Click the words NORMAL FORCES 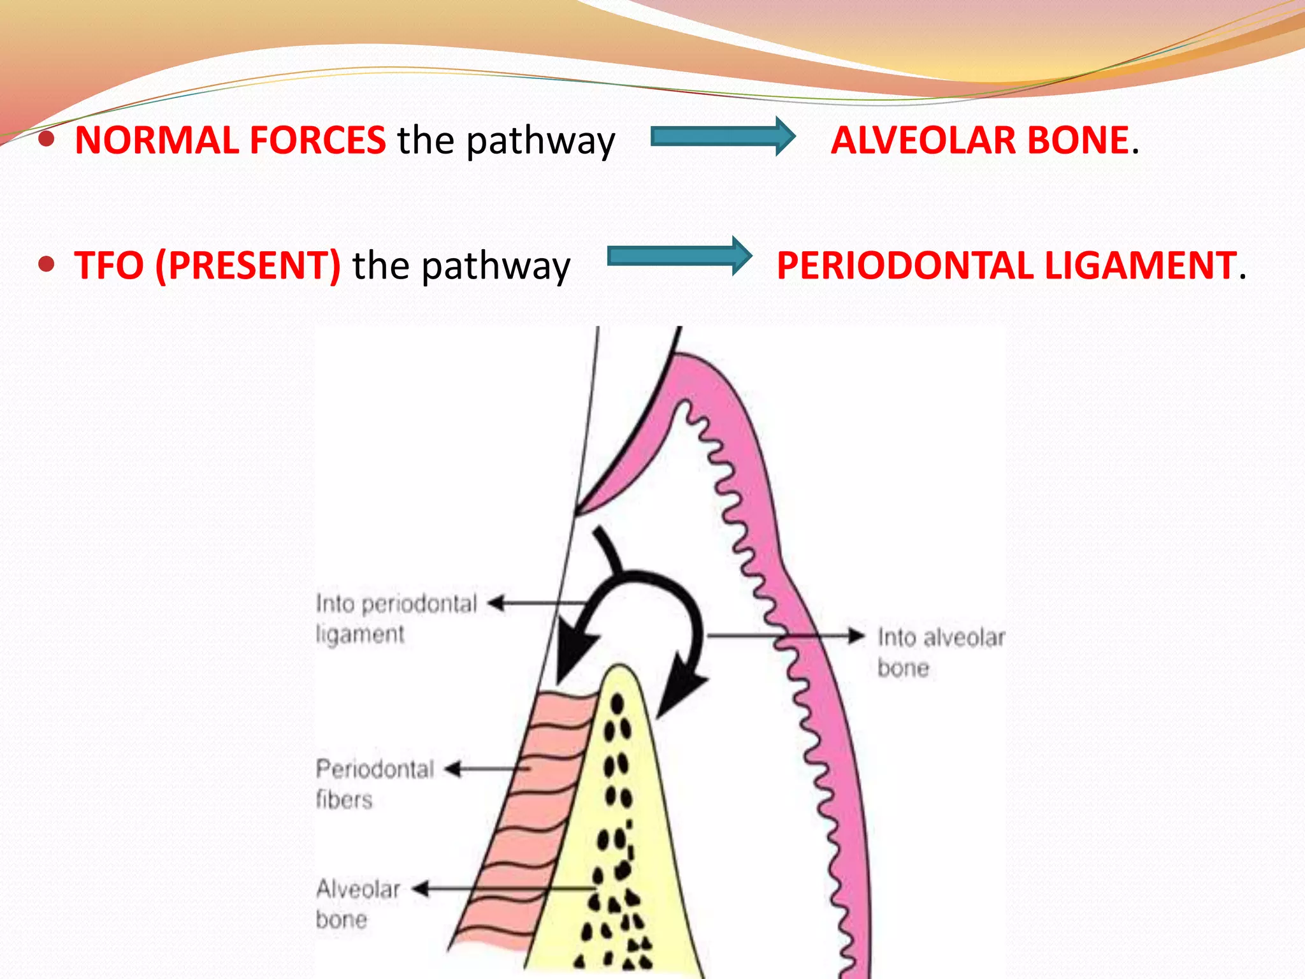230,140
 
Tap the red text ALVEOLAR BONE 980,140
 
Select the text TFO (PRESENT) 208,265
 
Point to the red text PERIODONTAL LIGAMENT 1006,265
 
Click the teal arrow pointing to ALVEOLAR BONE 723,136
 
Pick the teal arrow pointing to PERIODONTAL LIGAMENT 679,256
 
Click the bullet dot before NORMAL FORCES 47,139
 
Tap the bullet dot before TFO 47,264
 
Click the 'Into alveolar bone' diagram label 940,652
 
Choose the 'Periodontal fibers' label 375,783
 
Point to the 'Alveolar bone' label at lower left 357,903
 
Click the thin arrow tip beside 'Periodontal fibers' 452,769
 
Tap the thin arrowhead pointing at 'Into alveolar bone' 857,635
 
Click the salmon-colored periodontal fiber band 542,797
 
